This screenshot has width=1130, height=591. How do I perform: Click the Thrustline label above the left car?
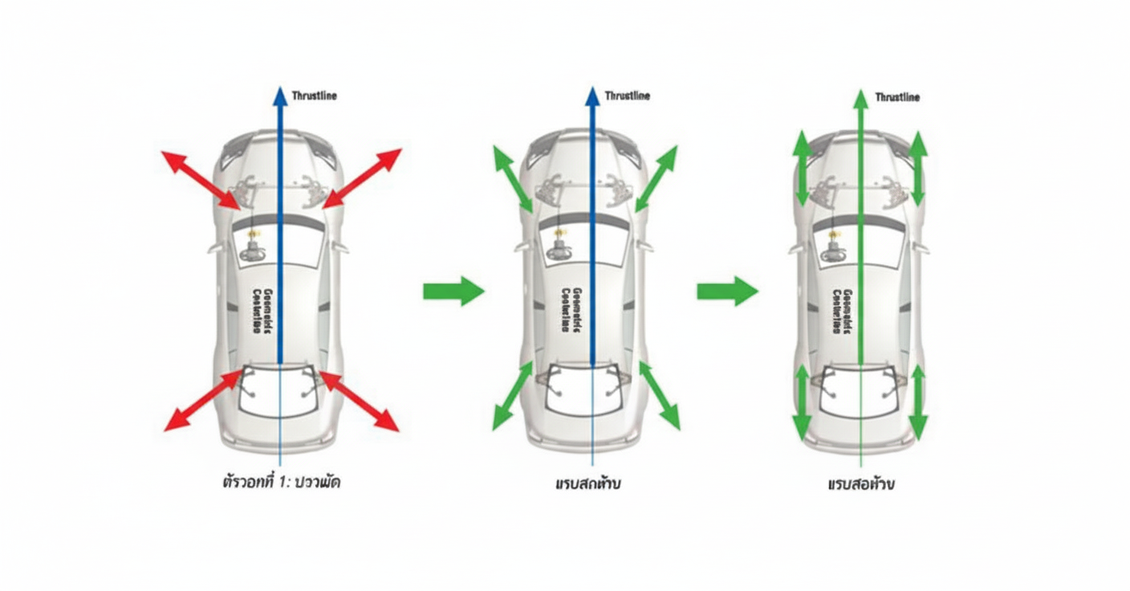pos(315,96)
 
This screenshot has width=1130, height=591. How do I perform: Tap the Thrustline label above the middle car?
pos(628,96)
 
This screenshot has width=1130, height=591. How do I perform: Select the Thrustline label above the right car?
pos(897,97)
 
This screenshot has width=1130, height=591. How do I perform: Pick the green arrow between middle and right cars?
pos(727,291)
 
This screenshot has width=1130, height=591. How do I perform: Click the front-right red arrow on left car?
pos(362,177)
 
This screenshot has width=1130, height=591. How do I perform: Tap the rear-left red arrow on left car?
pos(201,401)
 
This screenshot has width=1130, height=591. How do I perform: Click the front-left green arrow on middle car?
pos(512,179)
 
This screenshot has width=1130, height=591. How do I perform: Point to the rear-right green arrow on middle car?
pos(660,395)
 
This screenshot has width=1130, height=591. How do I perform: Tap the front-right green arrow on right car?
pos(918,169)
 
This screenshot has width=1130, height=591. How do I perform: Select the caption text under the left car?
pos(281,483)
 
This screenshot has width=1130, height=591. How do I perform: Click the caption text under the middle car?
pos(588,484)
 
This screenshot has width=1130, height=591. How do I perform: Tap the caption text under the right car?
pos(861,485)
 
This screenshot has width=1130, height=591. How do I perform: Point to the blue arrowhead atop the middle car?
pos(592,96)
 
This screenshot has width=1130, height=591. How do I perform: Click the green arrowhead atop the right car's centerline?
pos(860,99)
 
